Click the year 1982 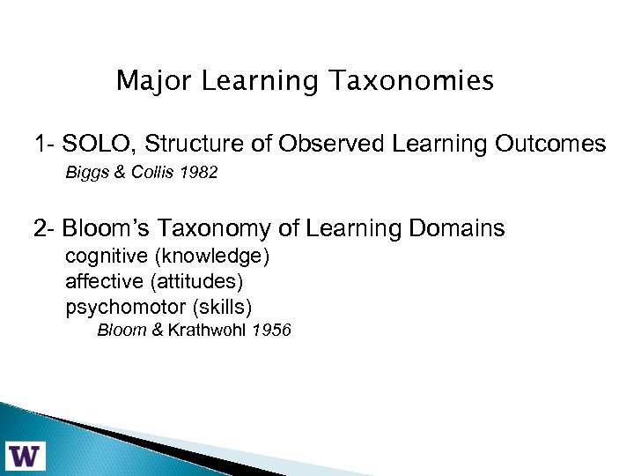point(199,174)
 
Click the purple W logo point(26,455)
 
